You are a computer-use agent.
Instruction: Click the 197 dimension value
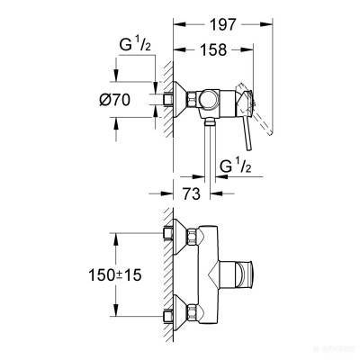pyautogui.click(x=222, y=24)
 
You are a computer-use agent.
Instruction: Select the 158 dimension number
pyautogui.click(x=213, y=49)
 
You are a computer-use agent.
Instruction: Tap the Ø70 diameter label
pyautogui.click(x=115, y=99)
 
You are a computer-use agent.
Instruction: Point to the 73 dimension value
pyautogui.click(x=192, y=193)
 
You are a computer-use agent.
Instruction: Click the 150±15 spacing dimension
pyautogui.click(x=115, y=275)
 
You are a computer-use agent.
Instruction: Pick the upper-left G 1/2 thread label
pyautogui.click(x=135, y=45)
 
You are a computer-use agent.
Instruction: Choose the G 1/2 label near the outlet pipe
pyautogui.click(x=236, y=166)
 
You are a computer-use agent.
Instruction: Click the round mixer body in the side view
pyautogui.click(x=209, y=99)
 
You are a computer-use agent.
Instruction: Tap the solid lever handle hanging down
pyautogui.click(x=249, y=132)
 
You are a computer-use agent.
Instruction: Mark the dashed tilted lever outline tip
pyautogui.click(x=270, y=131)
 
